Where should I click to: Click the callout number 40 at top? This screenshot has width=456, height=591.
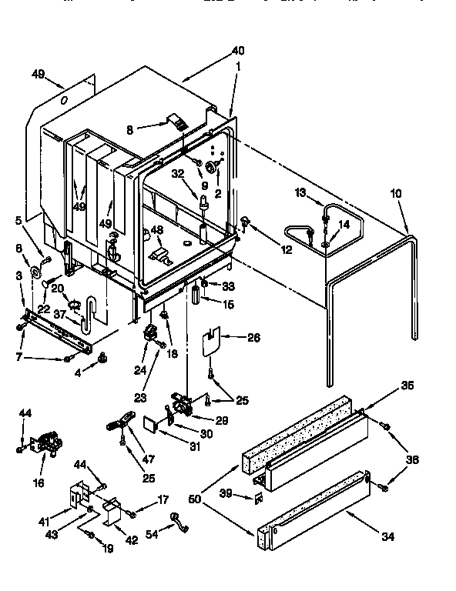pyautogui.click(x=237, y=51)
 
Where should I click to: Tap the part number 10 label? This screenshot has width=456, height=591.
pyautogui.click(x=395, y=194)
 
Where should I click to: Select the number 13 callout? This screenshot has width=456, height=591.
pyautogui.click(x=300, y=192)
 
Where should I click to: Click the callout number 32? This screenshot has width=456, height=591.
pyautogui.click(x=176, y=174)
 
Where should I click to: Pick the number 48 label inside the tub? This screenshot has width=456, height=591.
pyautogui.click(x=157, y=229)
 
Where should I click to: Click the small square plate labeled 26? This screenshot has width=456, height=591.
pyautogui.click(x=210, y=340)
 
